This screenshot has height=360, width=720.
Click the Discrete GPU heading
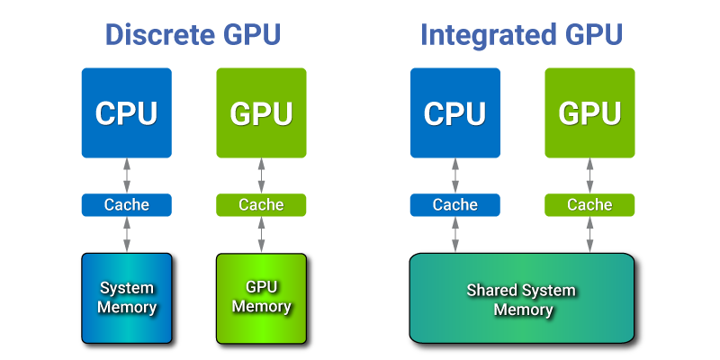coord(193,35)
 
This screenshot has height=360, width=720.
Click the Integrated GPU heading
coord(521,35)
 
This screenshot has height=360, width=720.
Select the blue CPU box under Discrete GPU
coord(127,113)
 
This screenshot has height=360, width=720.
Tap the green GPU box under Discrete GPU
coord(261,113)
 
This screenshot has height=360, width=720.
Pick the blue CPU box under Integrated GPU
coord(454,113)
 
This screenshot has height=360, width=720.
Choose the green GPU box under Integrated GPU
coord(589,113)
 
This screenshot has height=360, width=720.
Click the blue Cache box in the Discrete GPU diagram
coord(127,205)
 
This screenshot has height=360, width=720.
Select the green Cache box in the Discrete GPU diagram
coord(261,205)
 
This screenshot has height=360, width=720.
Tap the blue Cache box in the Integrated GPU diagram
coord(454,205)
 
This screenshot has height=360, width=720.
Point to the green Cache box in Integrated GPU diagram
coord(589,205)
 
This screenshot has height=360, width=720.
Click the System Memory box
coord(127,298)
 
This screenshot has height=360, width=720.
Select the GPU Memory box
coord(261,298)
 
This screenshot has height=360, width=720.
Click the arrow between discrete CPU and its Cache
coord(127,175)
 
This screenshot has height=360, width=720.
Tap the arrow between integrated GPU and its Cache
coord(589,175)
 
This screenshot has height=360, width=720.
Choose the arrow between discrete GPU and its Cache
coord(261,175)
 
